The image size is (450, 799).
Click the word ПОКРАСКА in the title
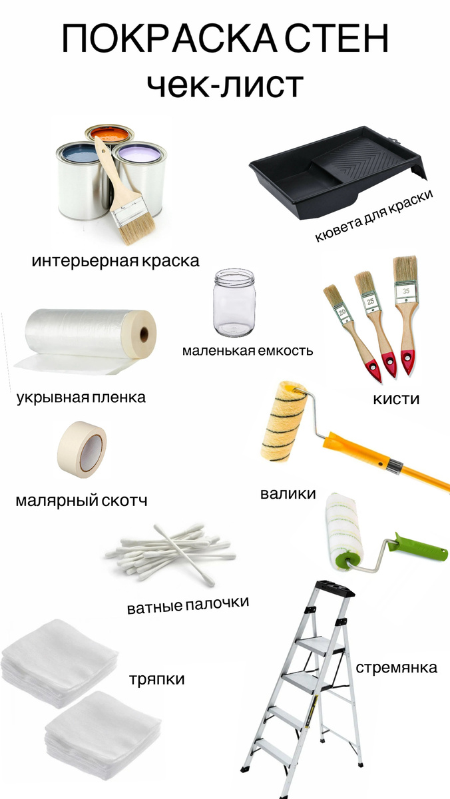[x=170, y=39]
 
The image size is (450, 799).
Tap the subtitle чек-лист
[x=226, y=85]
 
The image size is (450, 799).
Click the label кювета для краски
[x=374, y=216]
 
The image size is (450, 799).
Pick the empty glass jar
[x=234, y=302]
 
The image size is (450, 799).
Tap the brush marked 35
[x=405, y=314]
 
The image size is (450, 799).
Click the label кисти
[x=396, y=399]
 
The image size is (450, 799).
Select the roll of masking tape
[x=82, y=449]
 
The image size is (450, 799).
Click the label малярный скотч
[x=81, y=501]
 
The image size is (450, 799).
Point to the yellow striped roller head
[x=284, y=421]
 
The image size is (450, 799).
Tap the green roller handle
[x=421, y=549]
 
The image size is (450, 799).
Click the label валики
[x=288, y=493]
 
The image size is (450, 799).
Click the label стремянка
[x=397, y=667]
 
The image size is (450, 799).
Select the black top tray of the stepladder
[x=334, y=590]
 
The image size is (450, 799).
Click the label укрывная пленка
[x=81, y=398]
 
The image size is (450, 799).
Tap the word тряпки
[x=157, y=680]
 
